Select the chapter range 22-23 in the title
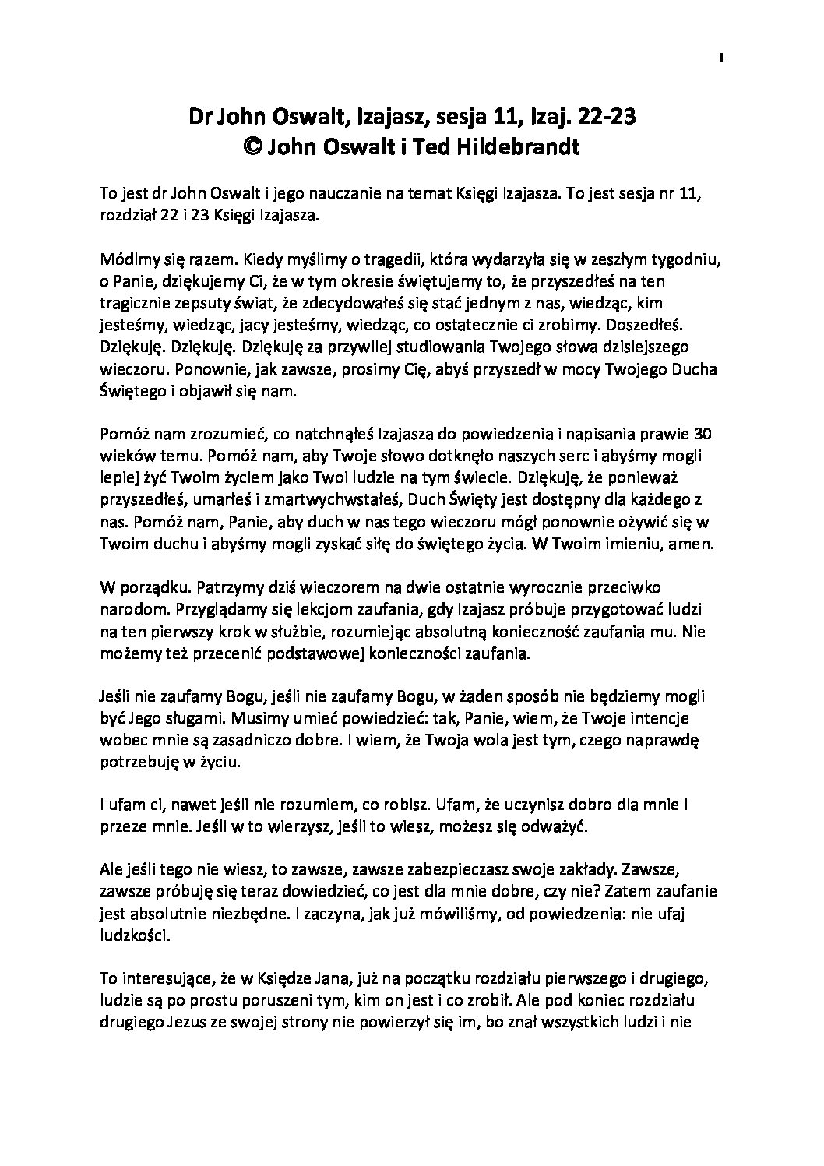605,118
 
